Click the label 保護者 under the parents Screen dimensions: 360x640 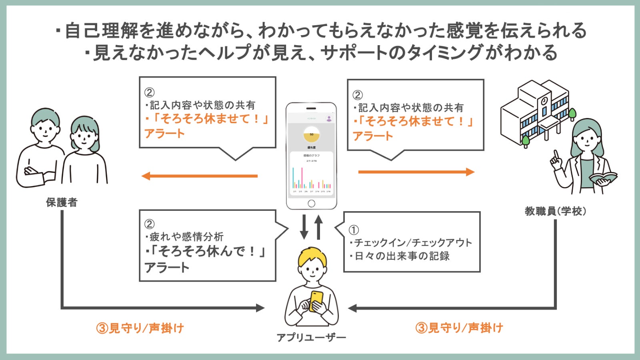point(61,202)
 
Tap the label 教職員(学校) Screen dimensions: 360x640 point(555,211)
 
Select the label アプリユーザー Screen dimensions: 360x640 point(311,338)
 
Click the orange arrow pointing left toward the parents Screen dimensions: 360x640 point(200,176)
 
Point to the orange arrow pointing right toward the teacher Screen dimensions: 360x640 point(416,172)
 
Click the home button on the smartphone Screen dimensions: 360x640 point(311,204)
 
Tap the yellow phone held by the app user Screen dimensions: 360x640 point(316,300)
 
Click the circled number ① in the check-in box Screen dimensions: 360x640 point(354,230)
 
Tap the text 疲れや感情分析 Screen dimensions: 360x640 point(186,237)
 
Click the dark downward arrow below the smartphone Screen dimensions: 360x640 point(304,226)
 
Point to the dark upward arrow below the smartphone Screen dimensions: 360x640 point(318,226)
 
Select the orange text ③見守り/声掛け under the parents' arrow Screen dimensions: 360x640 point(140,328)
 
